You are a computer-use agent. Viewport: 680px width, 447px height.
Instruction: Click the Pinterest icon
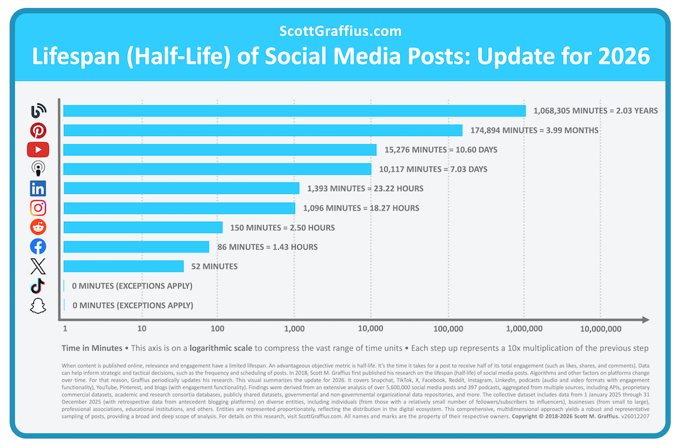pyautogui.click(x=38, y=130)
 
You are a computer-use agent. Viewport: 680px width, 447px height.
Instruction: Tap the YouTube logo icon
pyautogui.click(x=38, y=150)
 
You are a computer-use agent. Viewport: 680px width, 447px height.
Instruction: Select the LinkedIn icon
pyautogui.click(x=38, y=188)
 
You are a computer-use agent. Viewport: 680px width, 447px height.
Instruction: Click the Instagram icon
pyautogui.click(x=38, y=208)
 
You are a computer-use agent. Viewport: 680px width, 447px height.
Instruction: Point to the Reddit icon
pyautogui.click(x=38, y=227)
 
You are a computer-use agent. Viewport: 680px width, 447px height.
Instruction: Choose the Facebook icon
pyautogui.click(x=38, y=247)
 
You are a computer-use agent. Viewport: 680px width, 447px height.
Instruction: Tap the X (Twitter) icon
pyautogui.click(x=38, y=266)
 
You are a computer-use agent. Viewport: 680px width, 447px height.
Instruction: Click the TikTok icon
pyautogui.click(x=38, y=286)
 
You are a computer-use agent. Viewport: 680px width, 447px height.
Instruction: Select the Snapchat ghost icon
pyautogui.click(x=38, y=305)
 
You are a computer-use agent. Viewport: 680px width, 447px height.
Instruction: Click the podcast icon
pyautogui.click(x=38, y=169)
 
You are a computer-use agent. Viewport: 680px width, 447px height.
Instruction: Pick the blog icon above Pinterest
pyautogui.click(x=38, y=110)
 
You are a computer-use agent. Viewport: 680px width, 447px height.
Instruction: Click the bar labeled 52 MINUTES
pyautogui.click(x=123, y=266)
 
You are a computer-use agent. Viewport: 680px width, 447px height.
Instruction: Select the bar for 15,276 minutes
pyautogui.click(x=219, y=150)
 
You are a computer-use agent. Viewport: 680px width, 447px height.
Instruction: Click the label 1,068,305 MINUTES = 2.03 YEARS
pyautogui.click(x=595, y=110)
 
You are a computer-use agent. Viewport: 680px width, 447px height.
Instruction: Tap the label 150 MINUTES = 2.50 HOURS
pyautogui.click(x=282, y=227)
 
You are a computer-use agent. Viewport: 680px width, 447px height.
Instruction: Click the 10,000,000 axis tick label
pyautogui.click(x=600, y=328)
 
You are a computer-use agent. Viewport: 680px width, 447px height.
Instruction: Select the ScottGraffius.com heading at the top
pyautogui.click(x=340, y=31)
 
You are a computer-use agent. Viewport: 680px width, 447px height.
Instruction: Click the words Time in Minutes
pyautogui.click(x=92, y=348)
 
